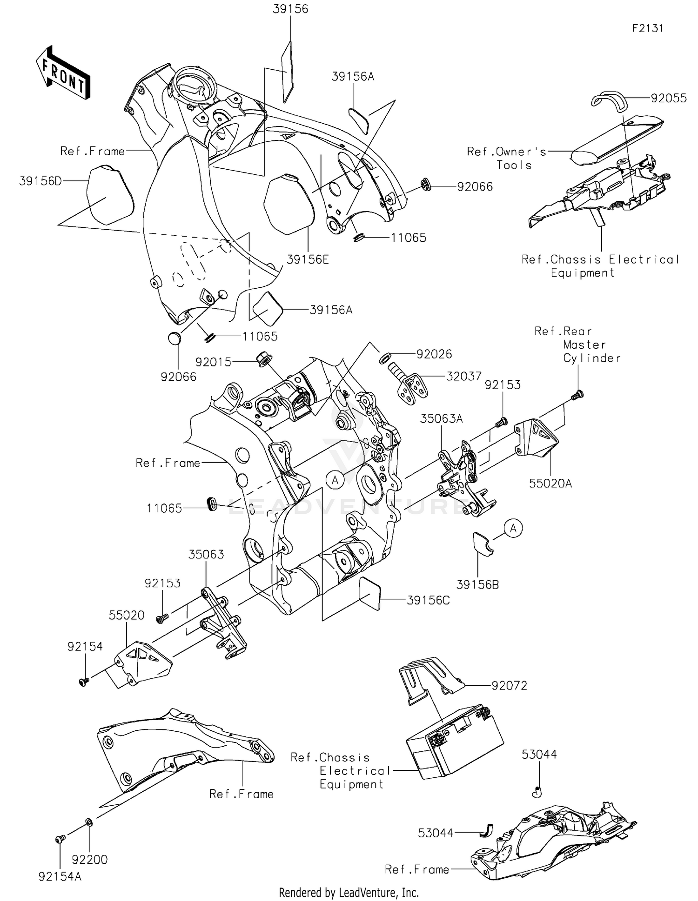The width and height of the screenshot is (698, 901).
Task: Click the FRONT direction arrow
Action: pos(63,73)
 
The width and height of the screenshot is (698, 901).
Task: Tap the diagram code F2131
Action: pos(648,28)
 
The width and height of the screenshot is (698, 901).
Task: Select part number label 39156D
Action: pos(40,181)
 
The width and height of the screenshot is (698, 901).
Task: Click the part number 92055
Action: pos(669,98)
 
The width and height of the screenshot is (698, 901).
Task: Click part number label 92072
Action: pos(510,686)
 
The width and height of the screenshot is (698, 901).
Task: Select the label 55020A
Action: pos(550,484)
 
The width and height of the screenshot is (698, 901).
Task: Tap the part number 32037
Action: pos(464,376)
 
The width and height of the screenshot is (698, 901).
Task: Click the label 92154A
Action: pos(60,876)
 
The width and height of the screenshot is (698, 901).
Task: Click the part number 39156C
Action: pos(428,600)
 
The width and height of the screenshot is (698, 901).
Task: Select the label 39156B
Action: pos(477,585)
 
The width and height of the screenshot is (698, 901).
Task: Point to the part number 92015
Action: pos(213,362)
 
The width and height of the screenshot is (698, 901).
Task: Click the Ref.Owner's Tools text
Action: pos(507,158)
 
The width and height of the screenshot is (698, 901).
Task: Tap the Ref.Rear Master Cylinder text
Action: pos(577,344)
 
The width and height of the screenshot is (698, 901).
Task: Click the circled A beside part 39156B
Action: pos(513,529)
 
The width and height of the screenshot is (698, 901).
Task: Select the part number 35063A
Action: pos(441,418)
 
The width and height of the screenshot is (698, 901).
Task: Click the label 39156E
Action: pos(308,259)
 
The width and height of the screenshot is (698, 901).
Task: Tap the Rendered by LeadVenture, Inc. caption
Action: pos(349,892)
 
